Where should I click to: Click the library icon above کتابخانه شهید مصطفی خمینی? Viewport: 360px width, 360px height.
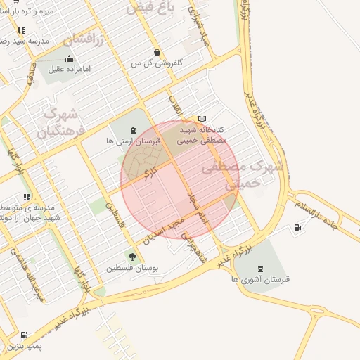click(203, 120)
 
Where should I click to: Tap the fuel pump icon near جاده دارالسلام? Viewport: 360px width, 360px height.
click(297, 227)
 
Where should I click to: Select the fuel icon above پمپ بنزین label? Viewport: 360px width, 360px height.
click(25, 335)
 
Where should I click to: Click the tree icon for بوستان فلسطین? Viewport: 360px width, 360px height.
click(132, 257)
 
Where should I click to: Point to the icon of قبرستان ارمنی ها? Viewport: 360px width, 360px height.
click(133, 129)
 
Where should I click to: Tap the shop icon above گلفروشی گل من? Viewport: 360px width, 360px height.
click(156, 52)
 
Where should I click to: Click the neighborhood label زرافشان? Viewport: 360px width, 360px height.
click(84, 39)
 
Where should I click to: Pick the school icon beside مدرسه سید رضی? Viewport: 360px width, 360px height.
click(21, 30)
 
